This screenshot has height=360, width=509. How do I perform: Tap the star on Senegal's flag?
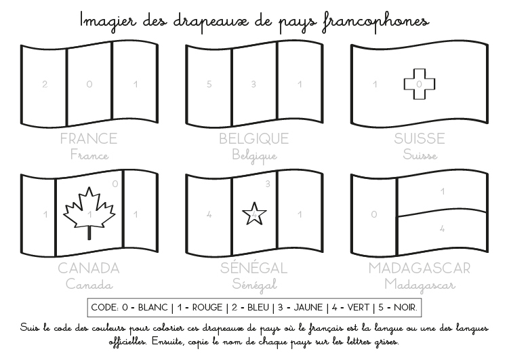[254, 214]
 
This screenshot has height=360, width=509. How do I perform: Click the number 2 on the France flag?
[45, 85]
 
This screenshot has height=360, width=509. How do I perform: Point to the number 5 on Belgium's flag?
[209, 85]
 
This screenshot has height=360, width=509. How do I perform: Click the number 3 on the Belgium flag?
[253, 85]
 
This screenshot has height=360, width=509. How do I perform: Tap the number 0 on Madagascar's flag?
[373, 214]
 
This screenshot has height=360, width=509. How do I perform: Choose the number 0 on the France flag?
[89, 85]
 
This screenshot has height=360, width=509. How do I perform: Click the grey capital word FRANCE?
[89, 139]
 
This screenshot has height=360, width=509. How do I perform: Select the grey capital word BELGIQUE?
[254, 139]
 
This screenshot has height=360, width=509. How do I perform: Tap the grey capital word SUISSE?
[420, 139]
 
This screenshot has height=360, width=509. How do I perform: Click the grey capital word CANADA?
[89, 268]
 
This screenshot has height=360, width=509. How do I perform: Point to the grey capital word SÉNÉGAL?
[254, 268]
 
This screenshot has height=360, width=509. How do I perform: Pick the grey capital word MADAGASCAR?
[420, 268]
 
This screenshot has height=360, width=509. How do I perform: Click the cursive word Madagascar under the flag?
[420, 285]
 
